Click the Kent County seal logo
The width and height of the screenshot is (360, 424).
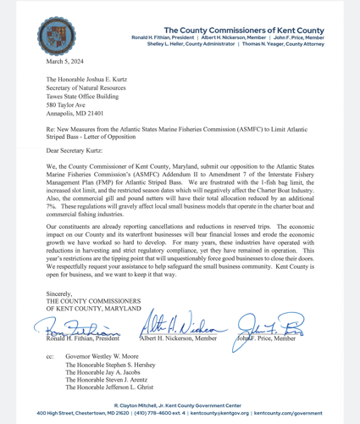point(55,36)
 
